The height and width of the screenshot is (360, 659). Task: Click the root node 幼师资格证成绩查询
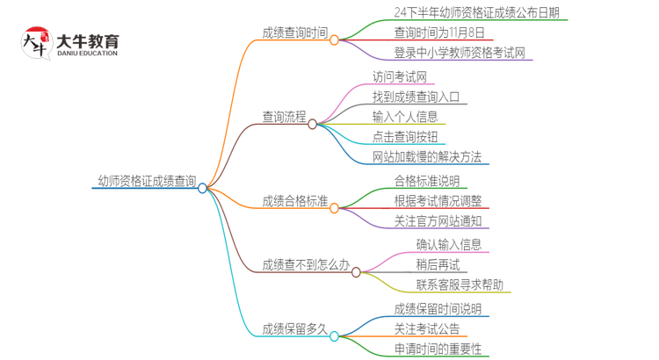147,182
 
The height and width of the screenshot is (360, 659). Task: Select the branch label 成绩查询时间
294,33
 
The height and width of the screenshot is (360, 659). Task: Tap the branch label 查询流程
284,116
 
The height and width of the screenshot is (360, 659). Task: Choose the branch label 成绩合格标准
294,201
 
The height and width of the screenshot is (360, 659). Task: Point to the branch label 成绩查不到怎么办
305,264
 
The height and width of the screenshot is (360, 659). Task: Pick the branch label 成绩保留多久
294,329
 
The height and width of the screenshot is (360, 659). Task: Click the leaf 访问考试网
404,76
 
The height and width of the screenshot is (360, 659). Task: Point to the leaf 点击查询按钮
409,137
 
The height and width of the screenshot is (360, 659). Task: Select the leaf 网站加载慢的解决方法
426,157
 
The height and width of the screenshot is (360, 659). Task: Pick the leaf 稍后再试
438,264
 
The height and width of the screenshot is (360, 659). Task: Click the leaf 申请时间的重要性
438,349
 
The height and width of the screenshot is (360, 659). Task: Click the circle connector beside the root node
202,188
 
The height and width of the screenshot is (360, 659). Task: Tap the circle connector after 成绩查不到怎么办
356,272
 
